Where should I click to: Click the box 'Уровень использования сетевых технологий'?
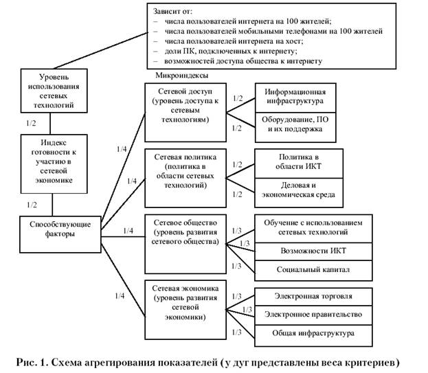pyautogui.click(x=54, y=91)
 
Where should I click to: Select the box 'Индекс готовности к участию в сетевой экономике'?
pyautogui.click(x=54, y=163)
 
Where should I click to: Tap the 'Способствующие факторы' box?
pyautogui.click(x=60, y=234)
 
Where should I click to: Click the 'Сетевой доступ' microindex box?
pyautogui.click(x=185, y=113)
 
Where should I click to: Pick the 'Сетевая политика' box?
pyautogui.click(x=185, y=178)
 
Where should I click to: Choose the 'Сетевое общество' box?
pyautogui.click(x=185, y=244)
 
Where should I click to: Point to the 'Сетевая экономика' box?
pyautogui.click(x=185, y=310)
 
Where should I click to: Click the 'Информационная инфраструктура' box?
pyautogui.click(x=295, y=98)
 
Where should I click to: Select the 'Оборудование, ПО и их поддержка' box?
pyautogui.click(x=295, y=127)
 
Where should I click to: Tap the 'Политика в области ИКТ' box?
pyautogui.click(x=299, y=163)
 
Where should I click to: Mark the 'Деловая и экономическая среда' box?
pyautogui.click(x=299, y=193)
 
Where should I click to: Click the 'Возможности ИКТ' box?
pyautogui.click(x=313, y=251)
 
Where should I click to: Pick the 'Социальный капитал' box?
pyautogui.click(x=313, y=271)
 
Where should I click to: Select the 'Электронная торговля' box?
pyautogui.click(x=313, y=297)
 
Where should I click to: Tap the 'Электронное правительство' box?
pyautogui.click(x=313, y=315)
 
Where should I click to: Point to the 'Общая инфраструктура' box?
pyautogui.click(x=313, y=336)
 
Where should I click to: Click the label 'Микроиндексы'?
pyautogui.click(x=182, y=76)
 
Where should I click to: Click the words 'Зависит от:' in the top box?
pyautogui.click(x=172, y=12)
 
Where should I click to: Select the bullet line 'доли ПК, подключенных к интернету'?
pyautogui.click(x=231, y=52)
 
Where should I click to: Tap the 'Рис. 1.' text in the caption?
pyautogui.click(x=32, y=363)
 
